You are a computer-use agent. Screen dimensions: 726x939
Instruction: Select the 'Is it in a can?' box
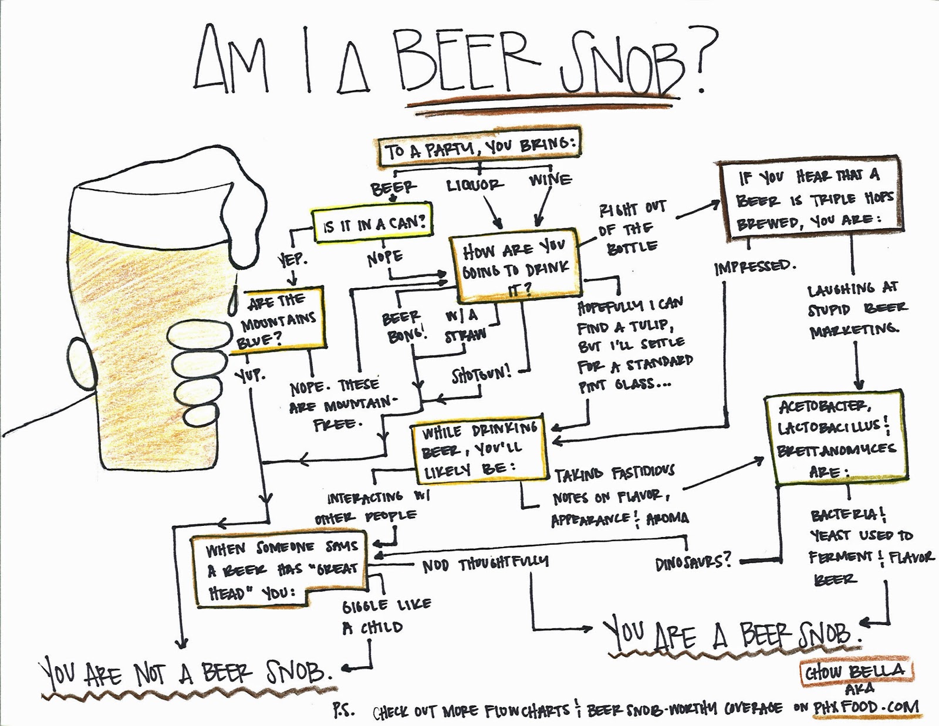373,223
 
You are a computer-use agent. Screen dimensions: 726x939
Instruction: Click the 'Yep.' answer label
292,259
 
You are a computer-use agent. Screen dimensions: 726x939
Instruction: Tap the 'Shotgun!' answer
481,374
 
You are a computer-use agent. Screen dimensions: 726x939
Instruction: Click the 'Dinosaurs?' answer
694,562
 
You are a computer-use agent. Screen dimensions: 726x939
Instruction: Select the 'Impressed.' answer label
755,267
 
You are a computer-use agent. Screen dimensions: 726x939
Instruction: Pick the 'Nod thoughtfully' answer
485,563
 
